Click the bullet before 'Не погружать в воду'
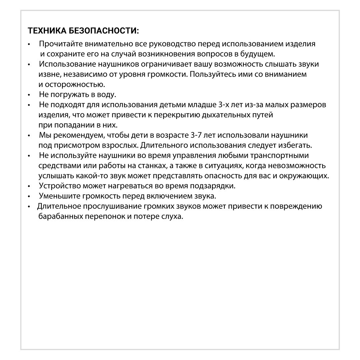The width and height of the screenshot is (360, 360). point(29,95)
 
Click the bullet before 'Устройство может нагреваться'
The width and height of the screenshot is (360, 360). point(29,186)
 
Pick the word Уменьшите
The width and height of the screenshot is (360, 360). point(57,196)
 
